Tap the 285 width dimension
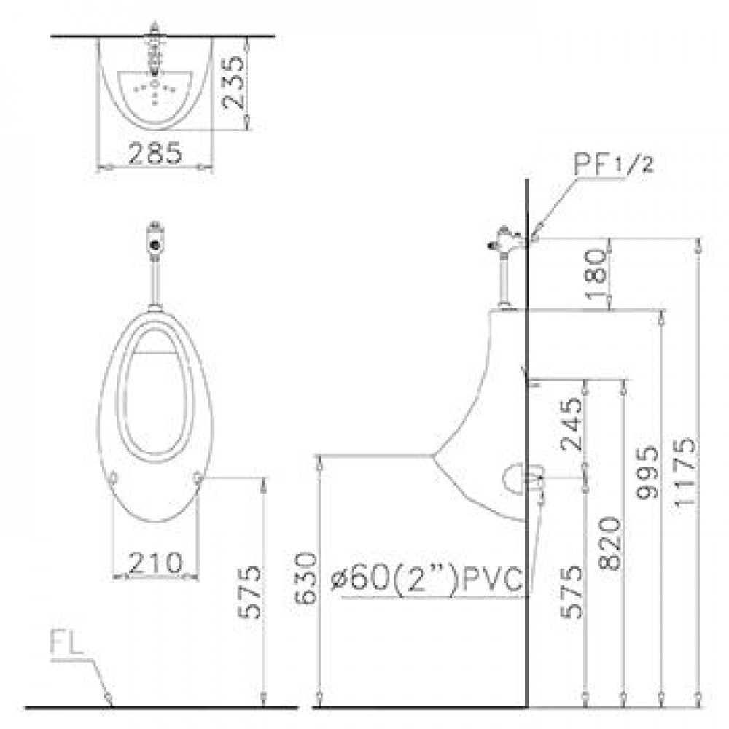click(155, 152)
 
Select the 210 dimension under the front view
click(155, 563)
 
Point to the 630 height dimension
click(306, 578)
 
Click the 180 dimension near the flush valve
click(596, 274)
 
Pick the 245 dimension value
click(572, 424)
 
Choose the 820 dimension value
click(609, 543)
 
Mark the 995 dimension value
click(647, 472)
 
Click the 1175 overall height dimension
click(685, 471)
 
